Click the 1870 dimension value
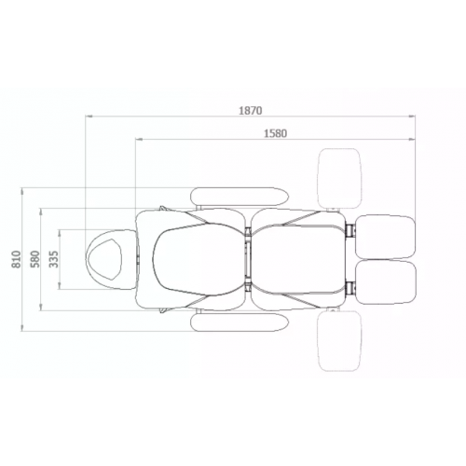pos(251,111)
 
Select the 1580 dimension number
pos(275,133)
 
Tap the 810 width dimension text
pos(16,259)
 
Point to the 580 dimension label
pos(35,259)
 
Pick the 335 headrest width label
pos(54,259)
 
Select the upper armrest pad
pos(240,197)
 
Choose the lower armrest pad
pos(240,322)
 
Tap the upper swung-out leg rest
pos(339,179)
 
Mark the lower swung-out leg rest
pos(339,341)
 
